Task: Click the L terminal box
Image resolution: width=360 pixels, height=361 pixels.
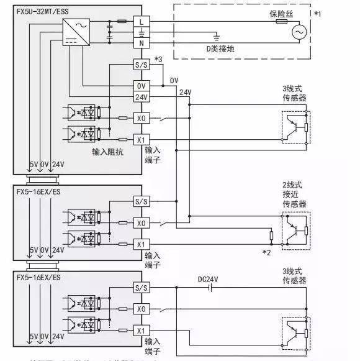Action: tap(142, 21)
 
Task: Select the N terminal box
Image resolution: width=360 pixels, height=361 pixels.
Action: tap(142, 43)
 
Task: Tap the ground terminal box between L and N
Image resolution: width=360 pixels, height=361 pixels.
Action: tap(142, 32)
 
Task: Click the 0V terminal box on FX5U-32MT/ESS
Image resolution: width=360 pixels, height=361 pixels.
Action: tap(142, 86)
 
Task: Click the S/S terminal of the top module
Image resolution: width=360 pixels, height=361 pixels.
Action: tap(142, 64)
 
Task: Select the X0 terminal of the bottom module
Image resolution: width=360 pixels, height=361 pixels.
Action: tap(142, 309)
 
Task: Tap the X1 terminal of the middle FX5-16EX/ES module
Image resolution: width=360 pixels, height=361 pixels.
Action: tap(142, 244)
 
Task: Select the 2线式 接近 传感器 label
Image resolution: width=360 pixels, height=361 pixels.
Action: tap(294, 194)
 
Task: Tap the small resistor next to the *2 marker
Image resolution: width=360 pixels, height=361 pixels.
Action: tap(271, 235)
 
